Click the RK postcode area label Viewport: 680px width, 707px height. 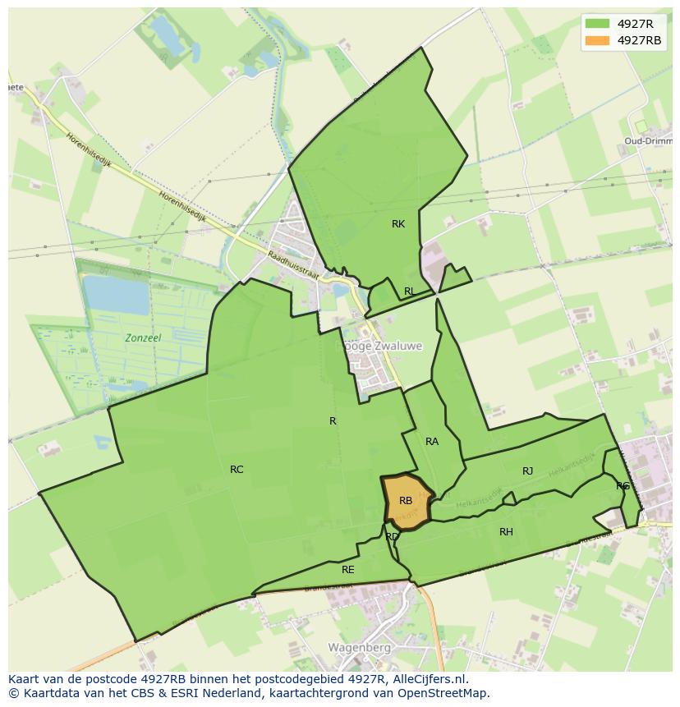(398, 224)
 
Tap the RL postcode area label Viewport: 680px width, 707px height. (409, 292)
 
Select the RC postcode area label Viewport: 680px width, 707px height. (237, 470)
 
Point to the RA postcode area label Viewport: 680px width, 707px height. (432, 442)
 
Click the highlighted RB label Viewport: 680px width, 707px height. (406, 501)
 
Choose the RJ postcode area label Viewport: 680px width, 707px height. (528, 471)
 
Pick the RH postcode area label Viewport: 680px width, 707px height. (506, 532)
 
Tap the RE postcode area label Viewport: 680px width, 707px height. (348, 569)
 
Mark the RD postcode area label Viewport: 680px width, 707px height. (392, 537)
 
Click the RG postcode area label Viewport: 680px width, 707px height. (623, 486)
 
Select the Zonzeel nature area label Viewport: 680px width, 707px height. (143, 337)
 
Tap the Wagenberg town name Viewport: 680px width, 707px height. (358, 647)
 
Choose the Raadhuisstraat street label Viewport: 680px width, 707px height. (292, 266)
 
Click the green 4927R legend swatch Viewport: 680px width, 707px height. (597, 24)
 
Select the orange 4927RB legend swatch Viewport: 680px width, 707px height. (597, 40)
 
